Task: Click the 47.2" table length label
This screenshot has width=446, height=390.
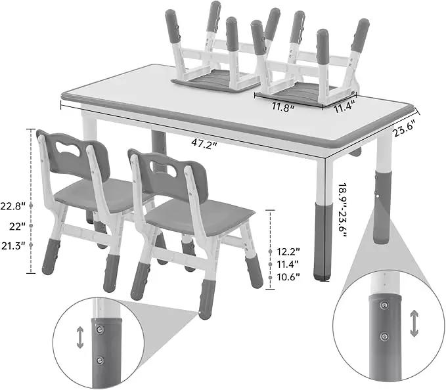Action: (x=204, y=143)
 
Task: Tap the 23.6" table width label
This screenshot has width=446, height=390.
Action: (x=407, y=128)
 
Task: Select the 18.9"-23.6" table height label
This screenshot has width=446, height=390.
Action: (x=342, y=210)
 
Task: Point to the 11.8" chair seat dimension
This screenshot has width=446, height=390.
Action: (x=282, y=107)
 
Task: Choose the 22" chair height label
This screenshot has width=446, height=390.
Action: (x=17, y=227)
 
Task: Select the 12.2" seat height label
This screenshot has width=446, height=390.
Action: (x=289, y=251)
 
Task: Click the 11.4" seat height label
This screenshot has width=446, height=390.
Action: (x=288, y=264)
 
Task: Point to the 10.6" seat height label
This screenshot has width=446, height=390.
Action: (x=289, y=277)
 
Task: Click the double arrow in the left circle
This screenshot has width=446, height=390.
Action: (x=80, y=337)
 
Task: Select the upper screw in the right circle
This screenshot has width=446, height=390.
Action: (x=384, y=305)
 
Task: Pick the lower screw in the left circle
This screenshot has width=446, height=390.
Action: (x=100, y=360)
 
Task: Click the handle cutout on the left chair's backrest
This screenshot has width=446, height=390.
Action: (x=68, y=148)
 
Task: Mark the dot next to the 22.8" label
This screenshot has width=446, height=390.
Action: (x=31, y=206)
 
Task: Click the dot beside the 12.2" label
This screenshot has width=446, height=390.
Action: (x=270, y=251)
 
